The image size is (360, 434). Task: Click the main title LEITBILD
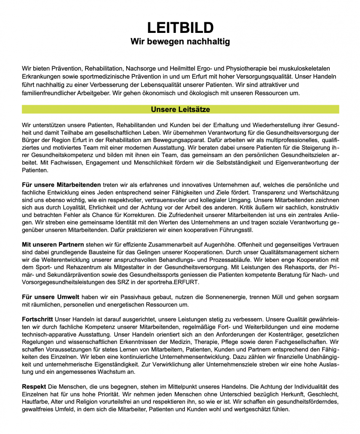(180, 28)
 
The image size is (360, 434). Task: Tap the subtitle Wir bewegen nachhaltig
(180, 42)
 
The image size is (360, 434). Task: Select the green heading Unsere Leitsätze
(180, 110)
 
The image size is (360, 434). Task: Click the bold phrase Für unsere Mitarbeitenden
(61, 185)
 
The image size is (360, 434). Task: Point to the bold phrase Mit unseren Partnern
(53, 244)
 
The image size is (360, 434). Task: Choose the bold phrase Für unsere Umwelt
(51, 297)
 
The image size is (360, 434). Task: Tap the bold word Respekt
(34, 386)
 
